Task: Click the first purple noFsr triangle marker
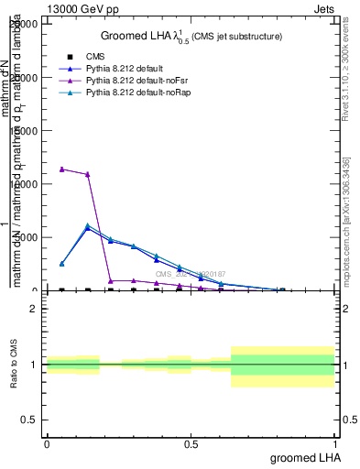point(61,169)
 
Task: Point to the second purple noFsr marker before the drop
point(87,174)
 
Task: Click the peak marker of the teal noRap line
point(87,225)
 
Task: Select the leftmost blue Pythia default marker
point(61,264)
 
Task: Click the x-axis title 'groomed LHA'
point(304,456)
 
